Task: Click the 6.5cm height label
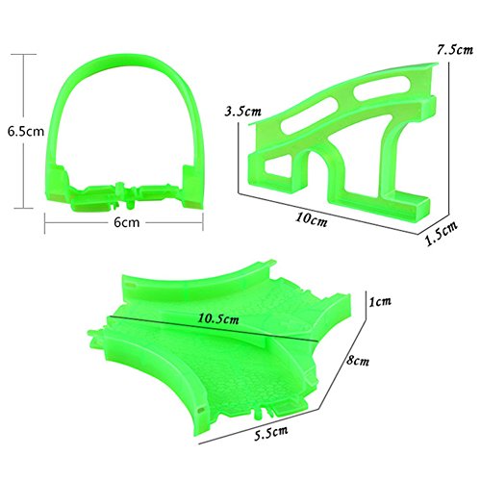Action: (26, 132)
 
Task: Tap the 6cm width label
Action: (127, 222)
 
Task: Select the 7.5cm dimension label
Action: (455, 49)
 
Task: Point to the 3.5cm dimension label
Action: (242, 112)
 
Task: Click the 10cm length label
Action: (312, 219)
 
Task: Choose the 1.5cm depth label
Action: (442, 233)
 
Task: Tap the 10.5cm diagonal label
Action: (218, 319)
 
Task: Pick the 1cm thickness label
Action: (380, 301)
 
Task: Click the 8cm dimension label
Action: (358, 361)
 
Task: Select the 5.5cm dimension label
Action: (271, 433)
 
